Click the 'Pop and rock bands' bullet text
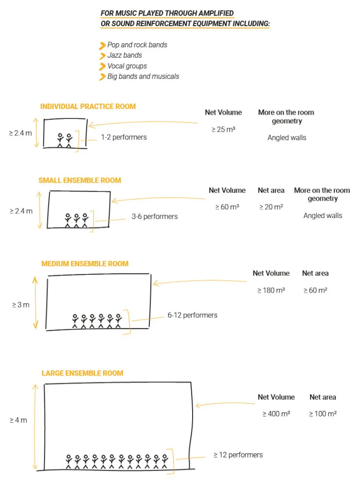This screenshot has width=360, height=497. (137, 45)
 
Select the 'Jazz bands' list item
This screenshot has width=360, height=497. (125, 55)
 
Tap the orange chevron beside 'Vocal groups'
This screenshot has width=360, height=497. (102, 66)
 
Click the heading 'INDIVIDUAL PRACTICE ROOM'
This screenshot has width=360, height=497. (88, 106)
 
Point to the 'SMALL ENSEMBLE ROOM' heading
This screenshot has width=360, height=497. (80, 181)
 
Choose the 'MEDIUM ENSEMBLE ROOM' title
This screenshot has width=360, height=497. (85, 264)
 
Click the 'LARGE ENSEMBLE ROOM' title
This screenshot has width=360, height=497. (82, 373)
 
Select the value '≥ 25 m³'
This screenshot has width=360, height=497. (223, 129)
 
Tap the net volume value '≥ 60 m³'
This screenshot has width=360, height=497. (227, 207)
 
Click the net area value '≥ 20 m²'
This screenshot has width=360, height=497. (271, 207)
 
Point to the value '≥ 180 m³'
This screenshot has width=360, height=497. (271, 290)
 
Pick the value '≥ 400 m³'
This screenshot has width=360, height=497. (276, 414)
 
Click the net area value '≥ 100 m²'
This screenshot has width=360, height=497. (323, 414)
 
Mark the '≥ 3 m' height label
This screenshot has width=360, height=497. (20, 305)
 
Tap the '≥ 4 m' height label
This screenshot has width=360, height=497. (18, 420)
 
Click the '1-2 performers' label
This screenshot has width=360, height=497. (124, 137)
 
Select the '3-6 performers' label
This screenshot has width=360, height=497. (155, 216)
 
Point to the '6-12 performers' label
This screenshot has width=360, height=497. (192, 315)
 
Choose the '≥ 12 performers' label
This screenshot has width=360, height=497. (238, 455)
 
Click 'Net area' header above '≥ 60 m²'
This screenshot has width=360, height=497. (315, 273)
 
